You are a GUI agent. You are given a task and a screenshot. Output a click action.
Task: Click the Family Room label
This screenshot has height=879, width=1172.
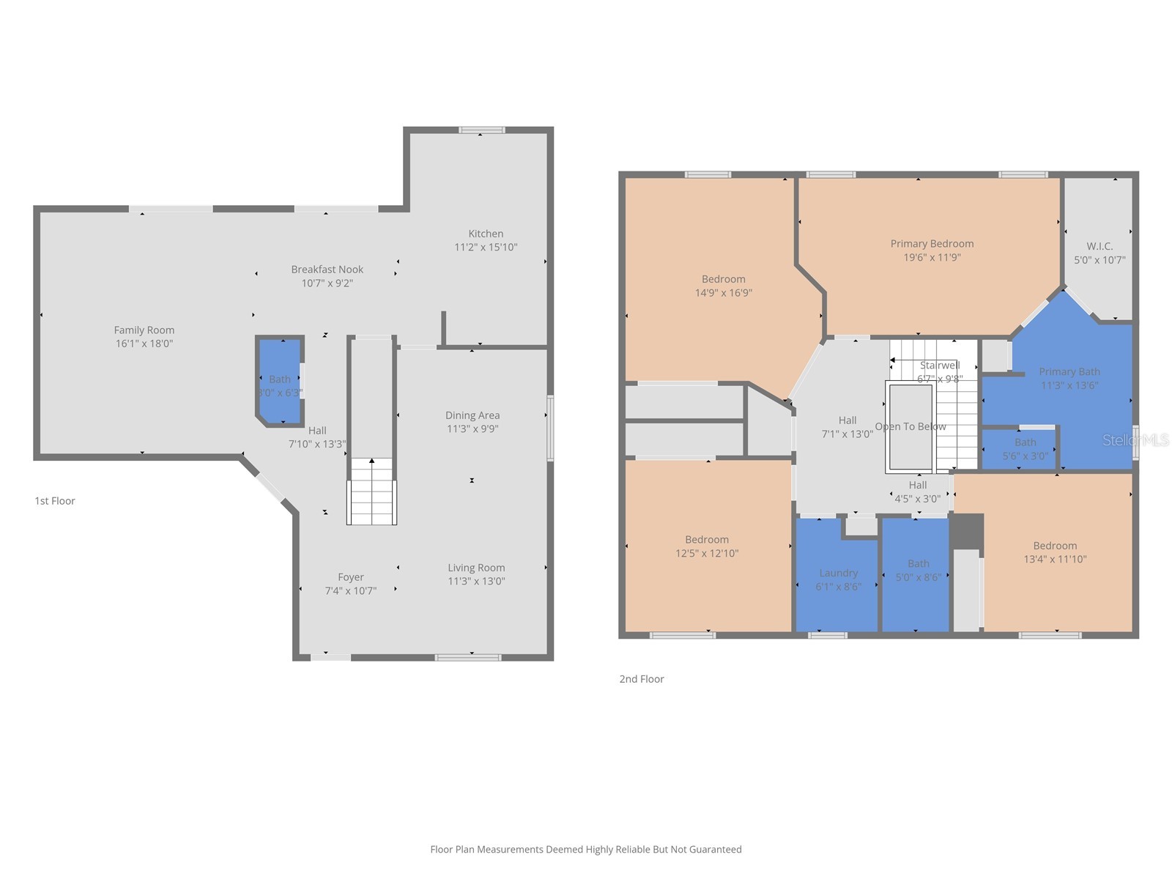(x=144, y=330)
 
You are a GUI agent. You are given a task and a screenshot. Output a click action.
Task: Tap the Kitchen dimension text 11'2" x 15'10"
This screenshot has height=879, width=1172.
(x=486, y=248)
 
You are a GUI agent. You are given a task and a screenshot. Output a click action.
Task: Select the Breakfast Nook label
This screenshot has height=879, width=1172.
(x=327, y=270)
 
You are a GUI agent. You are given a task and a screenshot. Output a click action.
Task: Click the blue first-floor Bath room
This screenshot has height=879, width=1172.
(x=279, y=381)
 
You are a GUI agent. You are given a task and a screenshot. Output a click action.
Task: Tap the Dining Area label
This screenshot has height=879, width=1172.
(x=472, y=415)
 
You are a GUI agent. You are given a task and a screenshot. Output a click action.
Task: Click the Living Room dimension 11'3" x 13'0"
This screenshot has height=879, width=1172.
(x=476, y=582)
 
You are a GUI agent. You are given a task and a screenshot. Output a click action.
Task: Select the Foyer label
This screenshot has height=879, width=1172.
(x=351, y=577)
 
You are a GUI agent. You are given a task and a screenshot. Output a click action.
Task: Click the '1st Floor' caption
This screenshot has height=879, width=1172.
(x=55, y=501)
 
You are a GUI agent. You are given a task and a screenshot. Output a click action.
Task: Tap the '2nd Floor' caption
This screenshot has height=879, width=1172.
(x=642, y=679)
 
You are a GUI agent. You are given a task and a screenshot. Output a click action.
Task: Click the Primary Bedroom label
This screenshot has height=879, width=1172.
(x=932, y=244)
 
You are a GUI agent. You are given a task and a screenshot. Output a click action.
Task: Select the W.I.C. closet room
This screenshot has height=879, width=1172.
(x=1099, y=249)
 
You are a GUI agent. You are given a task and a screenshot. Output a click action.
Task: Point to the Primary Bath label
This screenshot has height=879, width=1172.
(x=1069, y=372)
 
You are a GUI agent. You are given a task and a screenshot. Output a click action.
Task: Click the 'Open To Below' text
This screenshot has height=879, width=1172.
(x=910, y=426)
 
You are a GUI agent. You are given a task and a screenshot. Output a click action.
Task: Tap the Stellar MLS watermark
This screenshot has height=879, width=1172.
(x=1135, y=439)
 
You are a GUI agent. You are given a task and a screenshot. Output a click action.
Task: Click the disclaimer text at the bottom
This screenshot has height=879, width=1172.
(x=586, y=850)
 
